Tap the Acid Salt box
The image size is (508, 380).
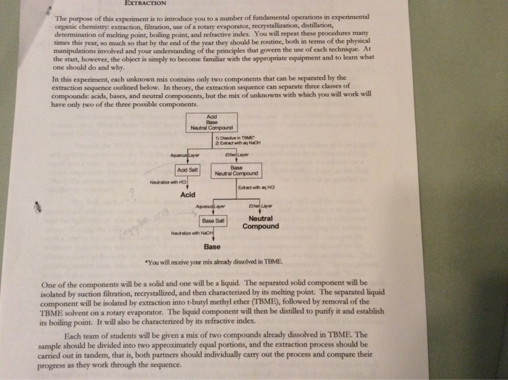pos(187,169)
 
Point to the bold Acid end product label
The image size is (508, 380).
pos(188,195)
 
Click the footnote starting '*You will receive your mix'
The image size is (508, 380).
pos(211,260)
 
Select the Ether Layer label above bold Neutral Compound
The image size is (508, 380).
pos(260,206)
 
